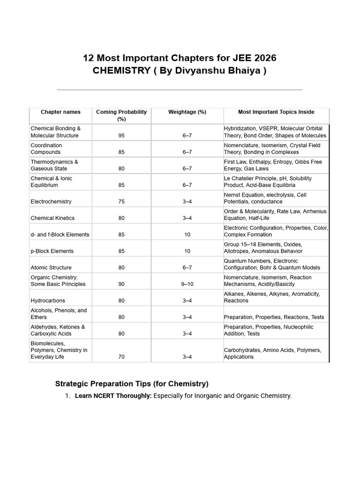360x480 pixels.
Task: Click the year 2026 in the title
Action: click(263, 58)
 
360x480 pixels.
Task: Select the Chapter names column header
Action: click(60, 112)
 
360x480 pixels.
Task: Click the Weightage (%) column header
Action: click(187, 112)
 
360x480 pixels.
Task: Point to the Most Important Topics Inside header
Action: click(276, 112)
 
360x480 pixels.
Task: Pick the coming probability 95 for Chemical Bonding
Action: click(121, 135)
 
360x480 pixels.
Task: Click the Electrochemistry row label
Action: click(51, 202)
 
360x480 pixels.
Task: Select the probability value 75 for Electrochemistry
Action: click(121, 202)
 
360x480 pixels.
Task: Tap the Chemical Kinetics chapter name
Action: click(52, 218)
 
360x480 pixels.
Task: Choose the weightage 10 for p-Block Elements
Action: click(187, 251)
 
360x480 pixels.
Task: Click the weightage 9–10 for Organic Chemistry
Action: click(187, 284)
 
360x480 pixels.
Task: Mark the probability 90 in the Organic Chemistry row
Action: click(121, 284)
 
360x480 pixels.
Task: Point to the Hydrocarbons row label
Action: click(48, 300)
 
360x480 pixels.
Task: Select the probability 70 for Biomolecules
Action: click(121, 357)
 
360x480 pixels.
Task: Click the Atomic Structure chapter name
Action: click(51, 268)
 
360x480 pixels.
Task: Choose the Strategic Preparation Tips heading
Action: click(132, 383)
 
